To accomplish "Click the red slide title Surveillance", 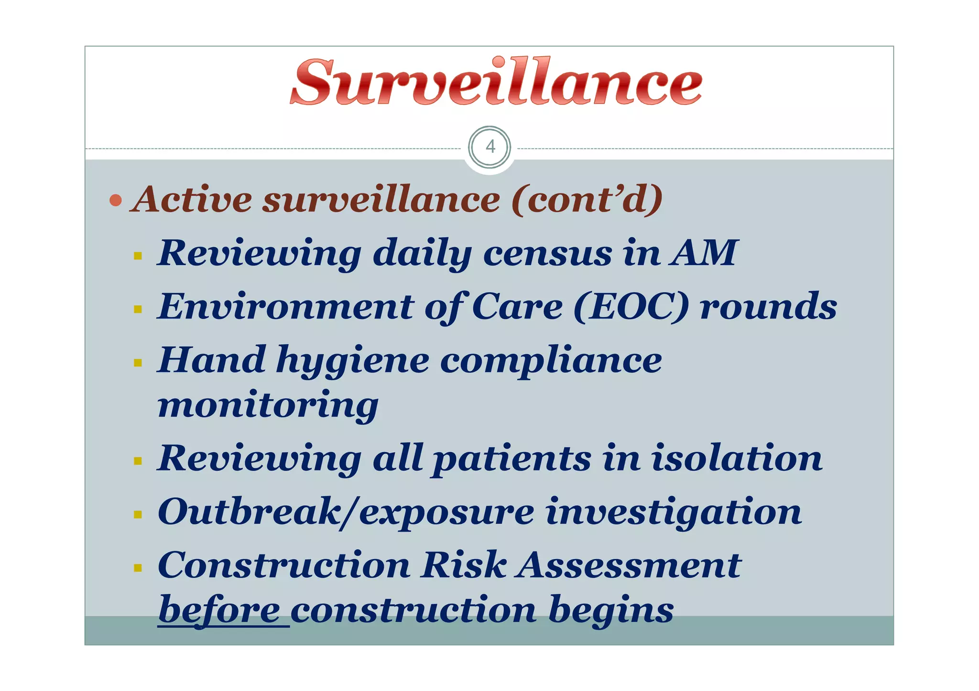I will tap(496, 83).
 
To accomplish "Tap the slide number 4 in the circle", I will tap(490, 147).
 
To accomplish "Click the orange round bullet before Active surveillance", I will tap(115, 200).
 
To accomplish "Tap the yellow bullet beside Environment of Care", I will tap(138, 309).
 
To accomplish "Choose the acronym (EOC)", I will tap(631, 307).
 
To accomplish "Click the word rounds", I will tap(768, 307).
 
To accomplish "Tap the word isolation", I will tap(737, 458).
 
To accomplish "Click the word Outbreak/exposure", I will tap(346, 512).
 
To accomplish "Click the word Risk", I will tap(463, 566).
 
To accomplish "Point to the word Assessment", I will tap(630, 566).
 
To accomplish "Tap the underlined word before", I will tap(219, 610).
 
